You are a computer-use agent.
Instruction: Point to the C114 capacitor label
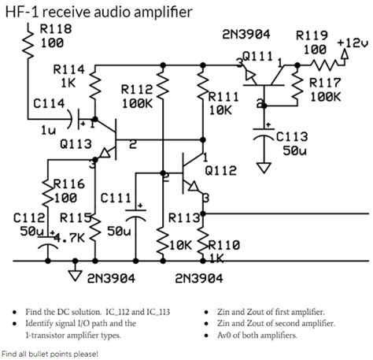[x=49, y=103]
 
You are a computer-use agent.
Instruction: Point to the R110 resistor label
[x=223, y=244]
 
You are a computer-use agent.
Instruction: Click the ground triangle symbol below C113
[x=263, y=167]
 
